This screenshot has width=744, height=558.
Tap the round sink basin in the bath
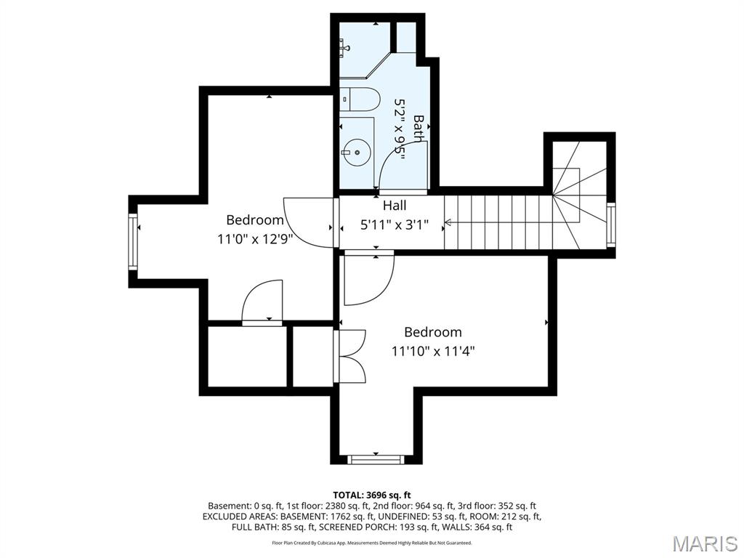pos(357,153)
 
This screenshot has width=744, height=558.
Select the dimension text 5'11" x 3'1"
pos(395,225)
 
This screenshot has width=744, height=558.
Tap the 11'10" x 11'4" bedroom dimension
pos(433,351)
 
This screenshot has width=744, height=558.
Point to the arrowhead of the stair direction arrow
pos(448,222)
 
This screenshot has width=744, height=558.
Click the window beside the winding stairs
pos(611,225)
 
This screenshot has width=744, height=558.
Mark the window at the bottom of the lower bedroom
pos(375,459)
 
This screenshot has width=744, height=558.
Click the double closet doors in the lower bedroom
pos(351,355)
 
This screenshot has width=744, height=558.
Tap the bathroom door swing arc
pos(403,163)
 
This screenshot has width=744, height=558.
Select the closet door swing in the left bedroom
pos(262,301)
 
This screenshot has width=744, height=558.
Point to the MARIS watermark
pos(704,543)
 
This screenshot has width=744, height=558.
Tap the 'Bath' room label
pos(418,128)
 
